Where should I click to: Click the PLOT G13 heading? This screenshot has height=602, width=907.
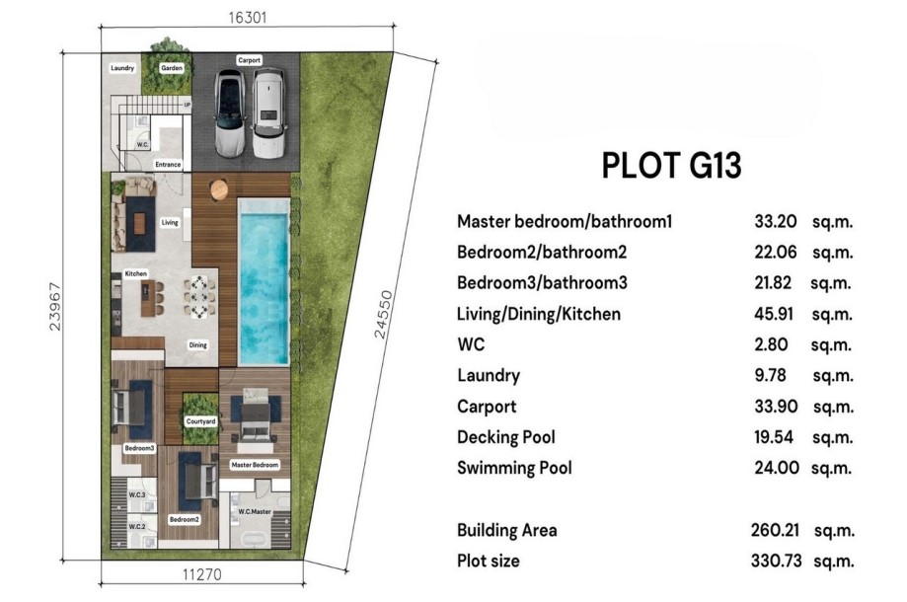coord(671,166)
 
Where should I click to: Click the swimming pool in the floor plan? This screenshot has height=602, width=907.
coord(264,278)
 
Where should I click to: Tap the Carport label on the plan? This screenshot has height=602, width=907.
coord(249,60)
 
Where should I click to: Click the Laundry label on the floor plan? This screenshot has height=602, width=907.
coord(122,68)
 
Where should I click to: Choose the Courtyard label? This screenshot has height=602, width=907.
coord(200,421)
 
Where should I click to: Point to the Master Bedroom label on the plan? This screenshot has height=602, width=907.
coord(255,464)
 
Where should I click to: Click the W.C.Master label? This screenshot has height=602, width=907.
coord(254,511)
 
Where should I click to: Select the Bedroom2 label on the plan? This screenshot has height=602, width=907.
coord(184,519)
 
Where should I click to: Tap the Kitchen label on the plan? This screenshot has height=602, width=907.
coord(135,273)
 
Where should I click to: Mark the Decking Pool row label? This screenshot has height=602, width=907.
coord(505,437)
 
